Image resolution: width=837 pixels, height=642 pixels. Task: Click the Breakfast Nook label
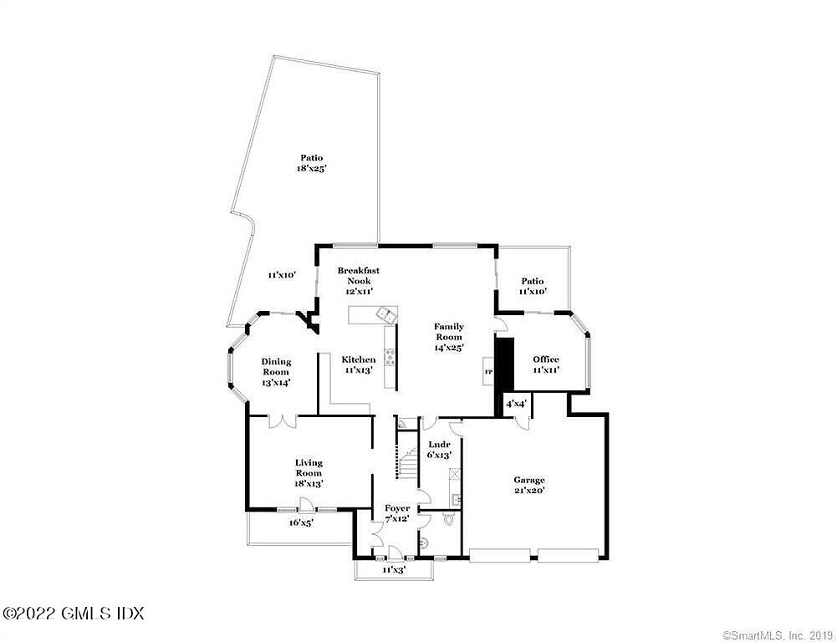pos(359,280)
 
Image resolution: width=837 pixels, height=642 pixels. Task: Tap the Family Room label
pos(449,336)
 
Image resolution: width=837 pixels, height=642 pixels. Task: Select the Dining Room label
pos(276,372)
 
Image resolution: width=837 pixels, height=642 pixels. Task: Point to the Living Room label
pos(309,472)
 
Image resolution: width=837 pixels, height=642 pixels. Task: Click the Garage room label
pos(529,486)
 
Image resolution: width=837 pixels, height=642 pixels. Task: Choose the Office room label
pos(546,364)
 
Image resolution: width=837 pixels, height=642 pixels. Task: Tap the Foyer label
pos(397,513)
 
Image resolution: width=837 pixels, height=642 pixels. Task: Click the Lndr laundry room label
pos(440,450)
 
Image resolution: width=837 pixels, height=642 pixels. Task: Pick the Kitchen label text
pos(359,364)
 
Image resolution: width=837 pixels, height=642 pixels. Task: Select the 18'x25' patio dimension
pos(311,169)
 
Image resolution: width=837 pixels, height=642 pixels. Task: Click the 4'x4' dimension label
pos(516,404)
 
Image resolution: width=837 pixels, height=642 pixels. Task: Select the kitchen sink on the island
pos(386,314)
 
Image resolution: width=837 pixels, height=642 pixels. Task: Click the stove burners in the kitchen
pos(390,359)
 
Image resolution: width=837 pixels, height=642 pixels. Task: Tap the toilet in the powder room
pos(450,519)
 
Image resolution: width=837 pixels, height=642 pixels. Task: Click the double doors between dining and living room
pos(282,420)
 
